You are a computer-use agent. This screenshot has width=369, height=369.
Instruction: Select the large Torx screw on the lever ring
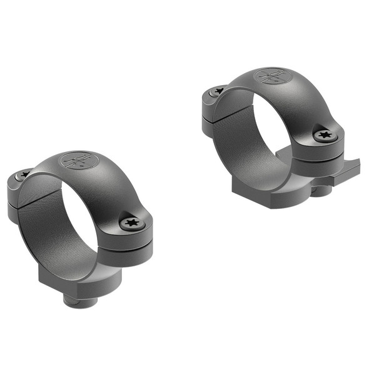(x=325, y=134)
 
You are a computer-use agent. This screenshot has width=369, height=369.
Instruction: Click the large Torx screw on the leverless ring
(x=131, y=222)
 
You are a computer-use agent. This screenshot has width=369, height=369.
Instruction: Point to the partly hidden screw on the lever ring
(x=218, y=91)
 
